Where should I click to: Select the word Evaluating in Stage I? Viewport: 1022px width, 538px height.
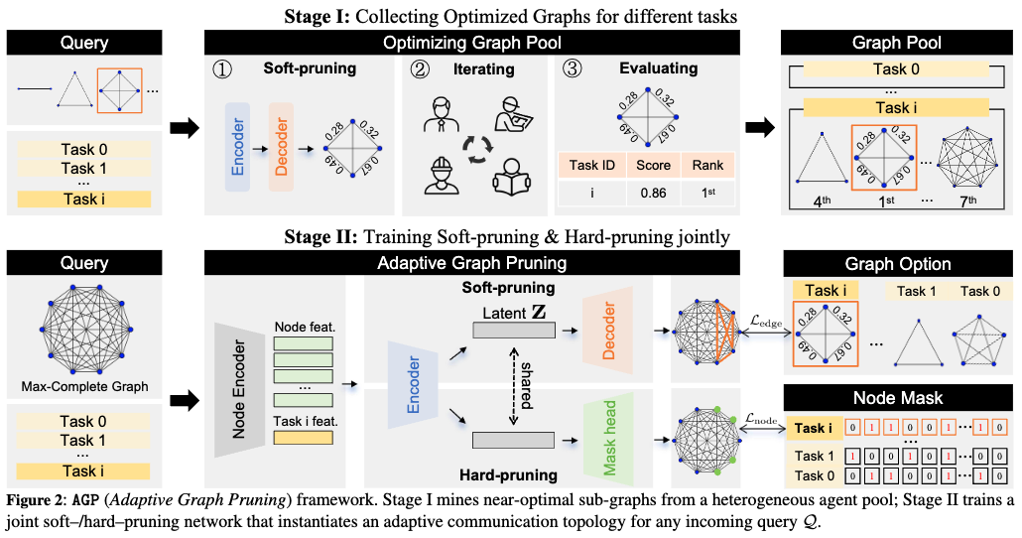[659, 69]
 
